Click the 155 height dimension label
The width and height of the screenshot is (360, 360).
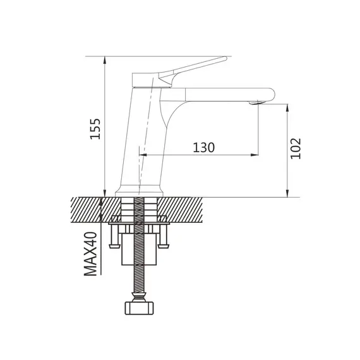coord(95,129)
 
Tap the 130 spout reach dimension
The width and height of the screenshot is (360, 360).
coord(203,147)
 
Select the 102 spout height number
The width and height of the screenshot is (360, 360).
coord(296,148)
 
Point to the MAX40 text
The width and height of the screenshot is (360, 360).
coord(90,254)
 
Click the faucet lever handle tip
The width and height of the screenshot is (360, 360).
coord(225,58)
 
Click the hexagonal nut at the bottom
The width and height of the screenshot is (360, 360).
coord(139,308)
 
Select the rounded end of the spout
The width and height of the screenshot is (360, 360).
coord(271,94)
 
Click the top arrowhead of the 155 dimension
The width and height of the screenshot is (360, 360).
coord(105,60)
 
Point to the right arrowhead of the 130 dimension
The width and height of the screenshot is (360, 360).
coord(255,155)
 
